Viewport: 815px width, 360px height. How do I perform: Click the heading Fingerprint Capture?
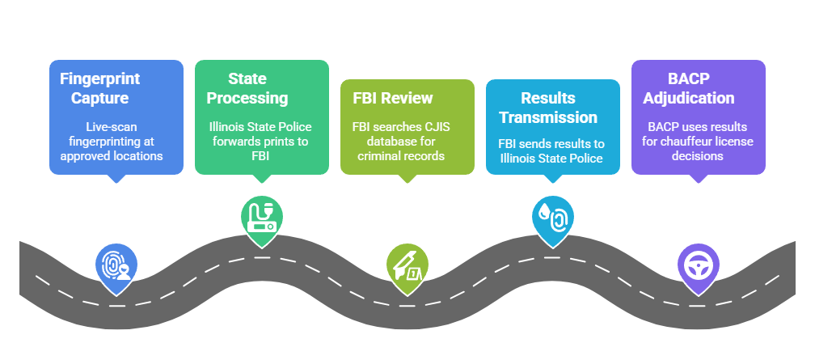pyautogui.click(x=99, y=88)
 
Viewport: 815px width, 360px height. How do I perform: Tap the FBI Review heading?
pyautogui.click(x=392, y=98)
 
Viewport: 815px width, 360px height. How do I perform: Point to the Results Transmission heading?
pyautogui.click(x=547, y=107)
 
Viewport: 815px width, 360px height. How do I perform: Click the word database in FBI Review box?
pyautogui.click(x=379, y=141)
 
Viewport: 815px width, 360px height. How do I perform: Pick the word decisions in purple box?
pyautogui.click(x=697, y=155)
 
